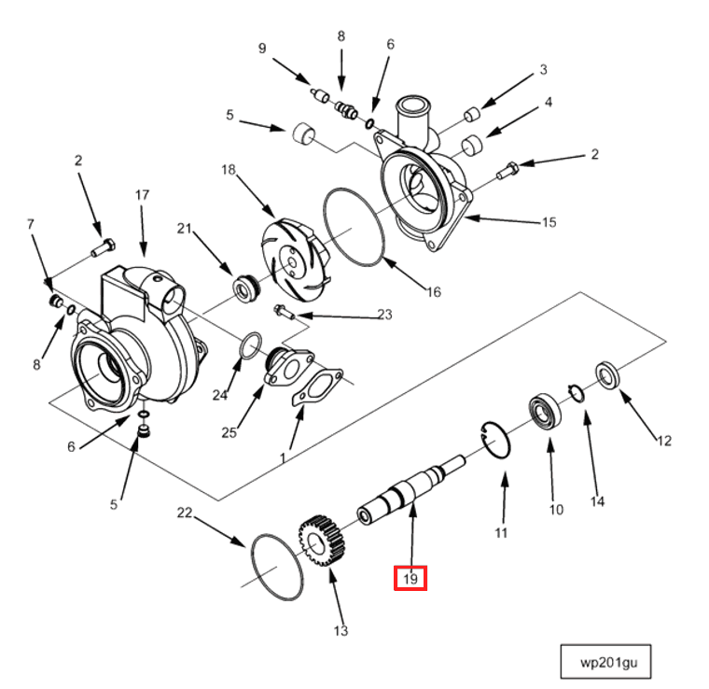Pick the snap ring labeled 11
click(x=495, y=440)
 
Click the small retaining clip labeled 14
click(x=577, y=393)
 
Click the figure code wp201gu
click(x=605, y=662)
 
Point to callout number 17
click(x=142, y=195)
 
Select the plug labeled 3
click(x=473, y=116)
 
